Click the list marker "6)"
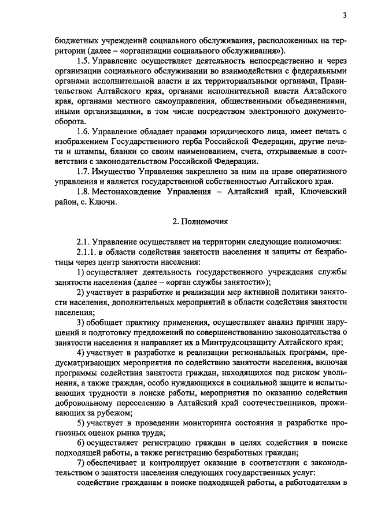click(x=82, y=443)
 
